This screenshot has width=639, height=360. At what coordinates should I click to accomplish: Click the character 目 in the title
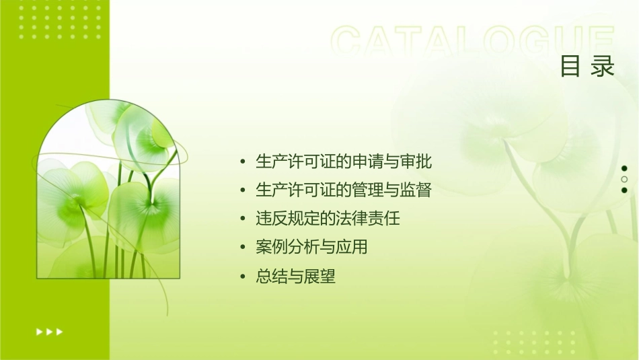click(x=570, y=67)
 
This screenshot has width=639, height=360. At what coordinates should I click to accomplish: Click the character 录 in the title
click(x=603, y=67)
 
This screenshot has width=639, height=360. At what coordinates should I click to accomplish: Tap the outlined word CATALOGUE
click(x=472, y=42)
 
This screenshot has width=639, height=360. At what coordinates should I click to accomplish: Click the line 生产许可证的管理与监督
click(x=343, y=190)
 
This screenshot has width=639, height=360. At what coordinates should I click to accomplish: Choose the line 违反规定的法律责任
click(x=328, y=219)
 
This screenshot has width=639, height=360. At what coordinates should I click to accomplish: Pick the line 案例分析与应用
click(x=311, y=247)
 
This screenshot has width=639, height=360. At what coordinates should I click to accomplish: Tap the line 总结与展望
click(x=295, y=276)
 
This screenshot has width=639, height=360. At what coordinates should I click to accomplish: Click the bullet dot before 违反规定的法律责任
click(x=243, y=219)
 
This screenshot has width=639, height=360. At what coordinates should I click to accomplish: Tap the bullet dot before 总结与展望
click(x=243, y=277)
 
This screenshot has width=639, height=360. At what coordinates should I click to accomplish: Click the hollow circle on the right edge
click(x=624, y=179)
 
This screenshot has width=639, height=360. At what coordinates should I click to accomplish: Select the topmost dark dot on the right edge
click(x=624, y=168)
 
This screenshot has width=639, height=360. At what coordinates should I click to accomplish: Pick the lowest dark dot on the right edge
click(x=624, y=190)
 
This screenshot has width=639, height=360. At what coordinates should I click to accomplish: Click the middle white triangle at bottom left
click(x=49, y=331)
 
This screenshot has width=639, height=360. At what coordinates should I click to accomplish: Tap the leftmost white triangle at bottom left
click(x=39, y=331)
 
